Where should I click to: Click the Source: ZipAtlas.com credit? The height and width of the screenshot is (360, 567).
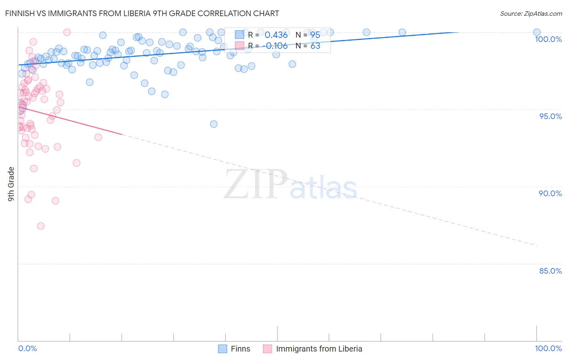click(x=531, y=13)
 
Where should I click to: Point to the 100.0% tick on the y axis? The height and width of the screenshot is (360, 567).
click(x=548, y=39)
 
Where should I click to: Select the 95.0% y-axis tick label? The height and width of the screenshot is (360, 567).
click(x=550, y=116)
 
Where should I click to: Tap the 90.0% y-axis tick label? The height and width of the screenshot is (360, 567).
click(x=550, y=193)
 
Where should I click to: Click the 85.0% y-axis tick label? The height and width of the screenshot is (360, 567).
click(x=550, y=271)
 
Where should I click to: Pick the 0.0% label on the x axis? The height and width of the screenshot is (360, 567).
click(x=27, y=348)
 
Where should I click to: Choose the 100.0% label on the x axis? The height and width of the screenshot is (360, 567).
click(x=548, y=348)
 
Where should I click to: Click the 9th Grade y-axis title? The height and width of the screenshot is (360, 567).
click(x=11, y=184)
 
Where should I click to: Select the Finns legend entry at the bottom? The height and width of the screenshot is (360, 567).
click(x=240, y=349)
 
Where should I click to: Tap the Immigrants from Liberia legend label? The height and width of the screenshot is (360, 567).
click(x=319, y=349)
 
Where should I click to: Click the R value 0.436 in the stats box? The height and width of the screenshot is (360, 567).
click(x=276, y=35)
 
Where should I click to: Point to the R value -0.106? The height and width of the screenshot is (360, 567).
click(x=275, y=46)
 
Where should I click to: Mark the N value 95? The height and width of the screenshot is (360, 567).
click(x=315, y=35)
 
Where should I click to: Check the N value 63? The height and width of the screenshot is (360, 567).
click(x=315, y=46)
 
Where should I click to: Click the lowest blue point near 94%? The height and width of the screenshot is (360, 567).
click(x=214, y=124)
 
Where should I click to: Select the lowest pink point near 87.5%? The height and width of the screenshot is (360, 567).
click(x=41, y=226)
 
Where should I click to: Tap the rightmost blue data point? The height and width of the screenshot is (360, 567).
click(x=537, y=32)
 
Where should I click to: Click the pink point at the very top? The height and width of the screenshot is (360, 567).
click(x=67, y=32)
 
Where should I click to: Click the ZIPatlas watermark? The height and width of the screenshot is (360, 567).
click(x=290, y=184)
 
